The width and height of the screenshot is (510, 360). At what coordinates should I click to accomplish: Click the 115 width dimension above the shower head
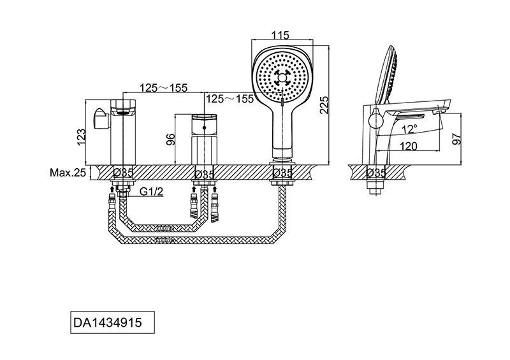point(281,35)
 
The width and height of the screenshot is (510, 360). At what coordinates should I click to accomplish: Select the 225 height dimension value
point(324,104)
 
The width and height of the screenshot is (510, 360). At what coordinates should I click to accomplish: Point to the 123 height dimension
point(82,137)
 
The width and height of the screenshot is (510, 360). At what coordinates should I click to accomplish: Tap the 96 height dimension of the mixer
point(171,140)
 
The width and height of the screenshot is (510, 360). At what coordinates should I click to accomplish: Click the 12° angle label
point(409,129)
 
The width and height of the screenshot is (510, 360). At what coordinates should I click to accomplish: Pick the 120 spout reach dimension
point(408,147)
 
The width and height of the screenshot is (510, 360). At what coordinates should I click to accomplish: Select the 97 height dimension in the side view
point(457,139)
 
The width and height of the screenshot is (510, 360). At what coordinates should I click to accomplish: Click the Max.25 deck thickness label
point(68,173)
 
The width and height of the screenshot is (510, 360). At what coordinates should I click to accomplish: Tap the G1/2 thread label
point(151,192)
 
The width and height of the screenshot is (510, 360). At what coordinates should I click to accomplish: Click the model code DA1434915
point(108,322)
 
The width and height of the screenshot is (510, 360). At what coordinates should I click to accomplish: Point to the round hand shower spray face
point(282,77)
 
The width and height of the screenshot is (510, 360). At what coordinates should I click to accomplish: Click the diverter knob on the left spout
point(101,119)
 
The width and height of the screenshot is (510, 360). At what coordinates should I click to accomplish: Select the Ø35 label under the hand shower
point(282,173)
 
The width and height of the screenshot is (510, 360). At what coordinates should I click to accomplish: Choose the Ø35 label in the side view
point(376,173)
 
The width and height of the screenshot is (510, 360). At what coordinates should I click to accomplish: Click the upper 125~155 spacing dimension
point(164,88)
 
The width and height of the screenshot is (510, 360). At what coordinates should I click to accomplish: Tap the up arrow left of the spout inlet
point(112,189)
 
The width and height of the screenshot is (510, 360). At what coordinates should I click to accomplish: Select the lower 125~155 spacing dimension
point(229,99)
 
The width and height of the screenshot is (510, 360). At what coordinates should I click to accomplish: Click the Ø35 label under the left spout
point(123,173)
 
